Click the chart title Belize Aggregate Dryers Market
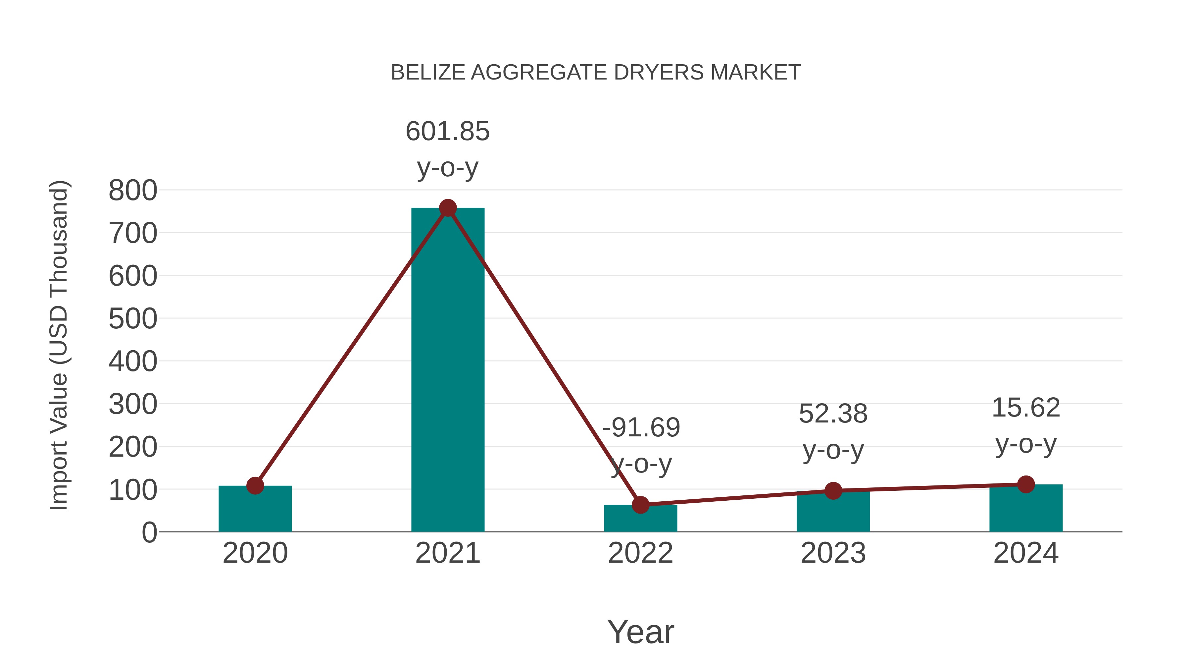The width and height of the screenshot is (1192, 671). click(596, 73)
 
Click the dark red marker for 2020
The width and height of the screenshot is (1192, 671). click(255, 486)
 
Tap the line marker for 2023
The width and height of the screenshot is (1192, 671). click(833, 491)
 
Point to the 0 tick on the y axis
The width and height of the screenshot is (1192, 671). click(149, 532)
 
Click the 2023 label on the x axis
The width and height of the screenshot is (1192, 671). click(833, 553)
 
